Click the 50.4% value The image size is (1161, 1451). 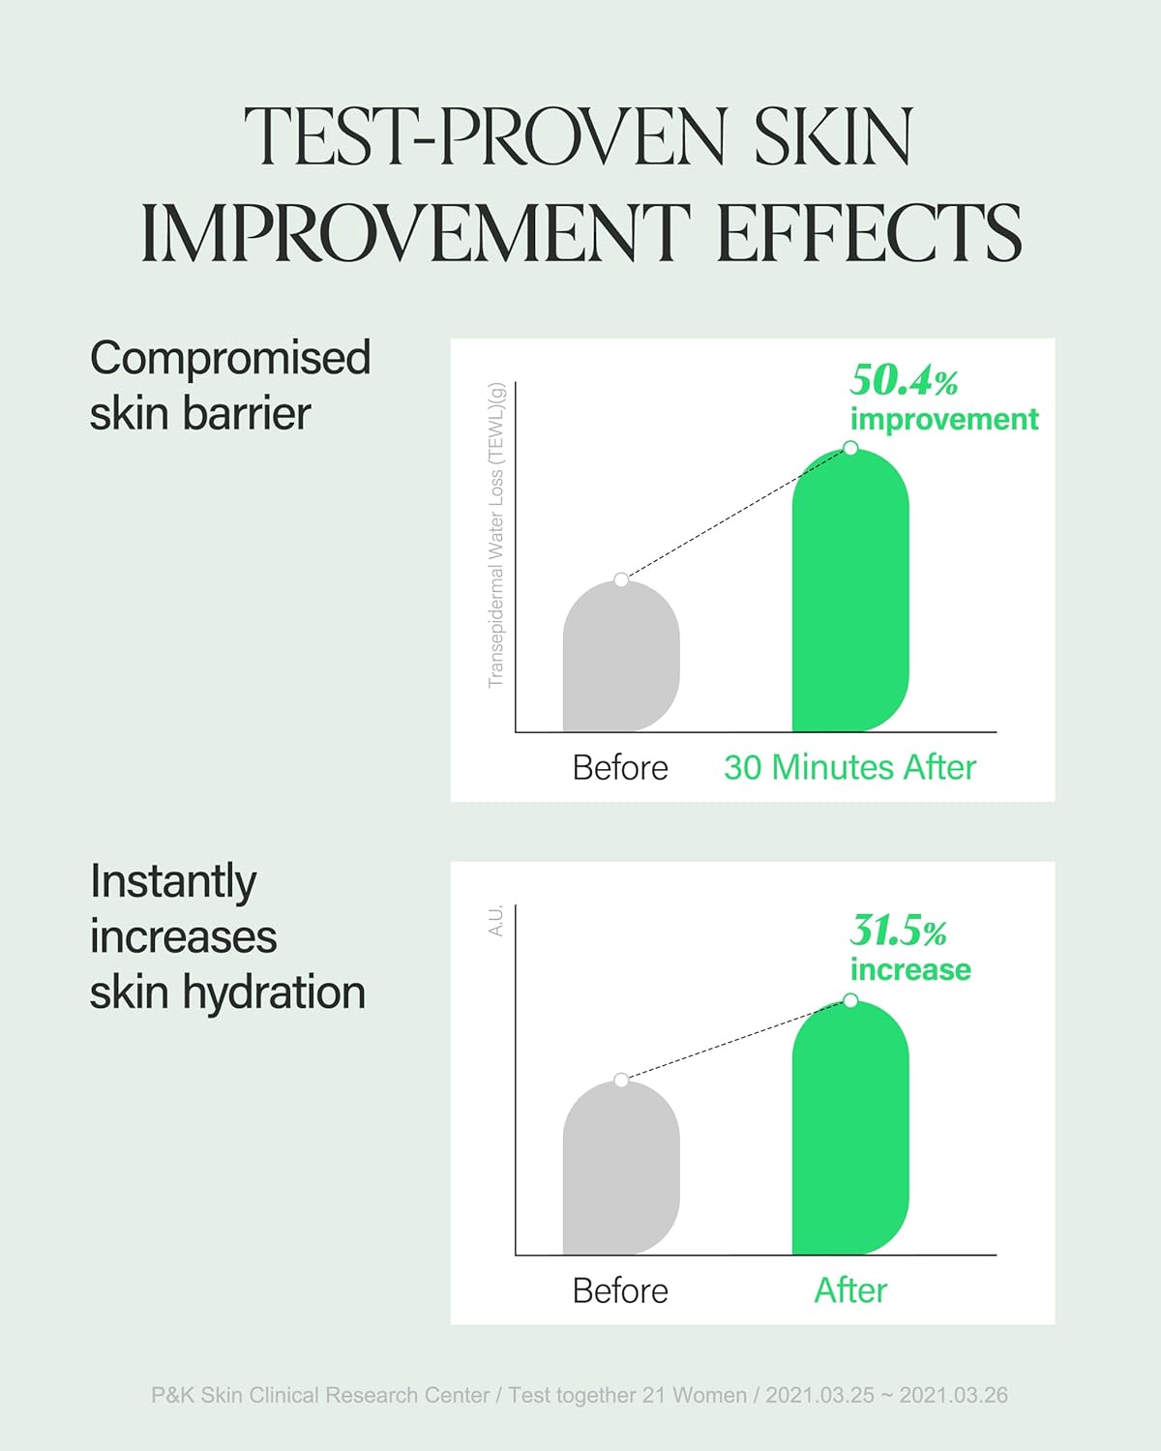(x=904, y=380)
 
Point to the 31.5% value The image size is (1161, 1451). (x=898, y=931)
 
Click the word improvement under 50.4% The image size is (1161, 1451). (x=944, y=419)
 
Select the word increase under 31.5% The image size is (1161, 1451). (x=910, y=969)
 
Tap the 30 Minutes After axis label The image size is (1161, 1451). (x=849, y=767)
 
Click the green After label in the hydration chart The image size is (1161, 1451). (x=850, y=1290)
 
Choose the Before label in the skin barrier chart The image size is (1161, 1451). (x=620, y=767)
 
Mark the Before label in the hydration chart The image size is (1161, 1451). (x=620, y=1290)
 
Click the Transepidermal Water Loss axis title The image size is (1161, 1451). (x=496, y=536)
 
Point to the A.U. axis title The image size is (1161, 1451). (x=496, y=921)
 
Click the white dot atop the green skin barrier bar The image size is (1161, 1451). (x=850, y=448)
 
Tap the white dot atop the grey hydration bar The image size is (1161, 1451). (x=621, y=1080)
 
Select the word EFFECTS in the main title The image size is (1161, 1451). (x=868, y=233)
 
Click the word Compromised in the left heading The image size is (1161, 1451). (x=230, y=358)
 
